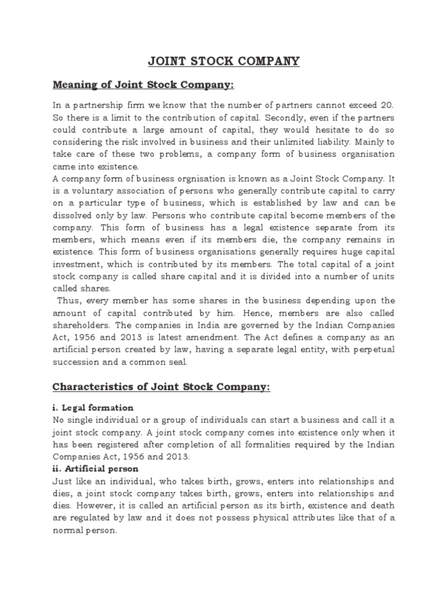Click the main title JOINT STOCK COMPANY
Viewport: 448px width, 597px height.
(x=224, y=61)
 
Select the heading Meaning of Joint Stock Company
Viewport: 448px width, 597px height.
(x=143, y=86)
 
